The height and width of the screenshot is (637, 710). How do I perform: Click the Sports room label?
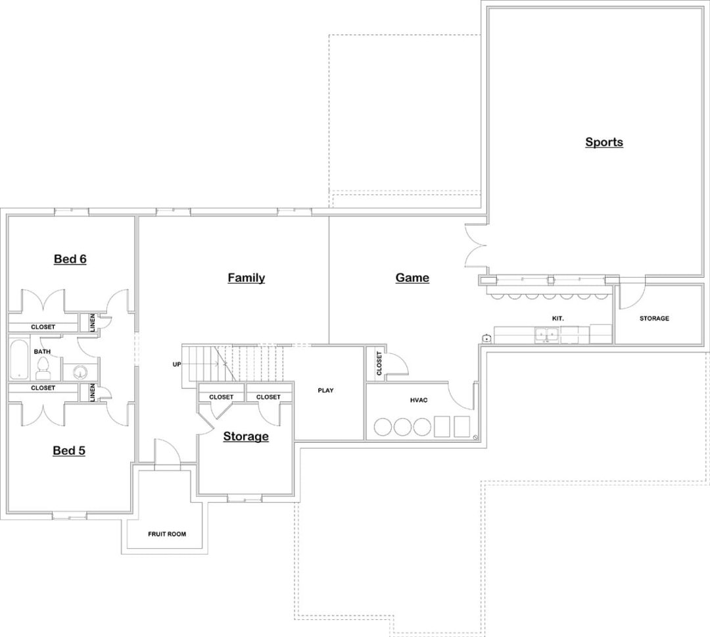(603, 142)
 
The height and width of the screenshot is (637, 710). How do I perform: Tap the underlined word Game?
(412, 278)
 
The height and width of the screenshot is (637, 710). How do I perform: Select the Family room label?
(246, 278)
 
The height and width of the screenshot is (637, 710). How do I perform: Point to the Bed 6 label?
(70, 259)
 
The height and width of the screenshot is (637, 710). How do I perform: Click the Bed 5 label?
(69, 451)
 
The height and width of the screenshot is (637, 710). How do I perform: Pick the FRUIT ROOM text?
(166, 534)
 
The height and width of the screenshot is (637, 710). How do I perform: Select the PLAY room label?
(325, 390)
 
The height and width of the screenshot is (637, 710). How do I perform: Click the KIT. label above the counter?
(557, 318)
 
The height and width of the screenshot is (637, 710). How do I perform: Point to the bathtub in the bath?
(19, 359)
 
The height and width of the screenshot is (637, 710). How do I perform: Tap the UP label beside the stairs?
(177, 364)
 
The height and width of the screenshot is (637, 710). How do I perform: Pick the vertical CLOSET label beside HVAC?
(379, 363)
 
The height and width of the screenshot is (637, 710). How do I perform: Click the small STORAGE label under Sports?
(654, 318)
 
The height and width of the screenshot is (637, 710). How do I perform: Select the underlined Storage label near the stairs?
(245, 436)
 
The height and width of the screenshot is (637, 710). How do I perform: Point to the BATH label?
(42, 351)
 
